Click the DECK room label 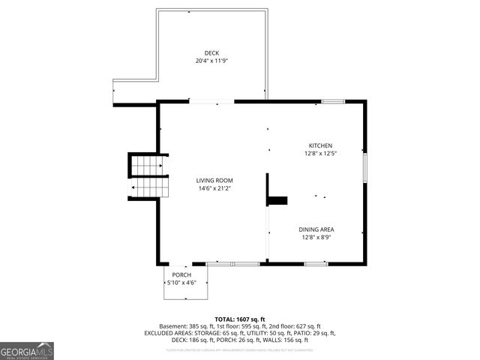211,53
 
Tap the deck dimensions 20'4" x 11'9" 211,61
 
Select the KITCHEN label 320,145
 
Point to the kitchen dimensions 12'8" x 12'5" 320,153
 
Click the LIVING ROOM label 214,181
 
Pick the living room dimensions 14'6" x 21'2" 214,188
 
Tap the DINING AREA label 316,229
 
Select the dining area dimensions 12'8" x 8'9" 316,237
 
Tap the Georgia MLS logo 27,350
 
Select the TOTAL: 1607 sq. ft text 240,319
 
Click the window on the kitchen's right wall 366,168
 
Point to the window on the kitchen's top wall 333,101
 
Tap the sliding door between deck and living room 211,101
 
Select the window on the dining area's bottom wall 315,264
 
